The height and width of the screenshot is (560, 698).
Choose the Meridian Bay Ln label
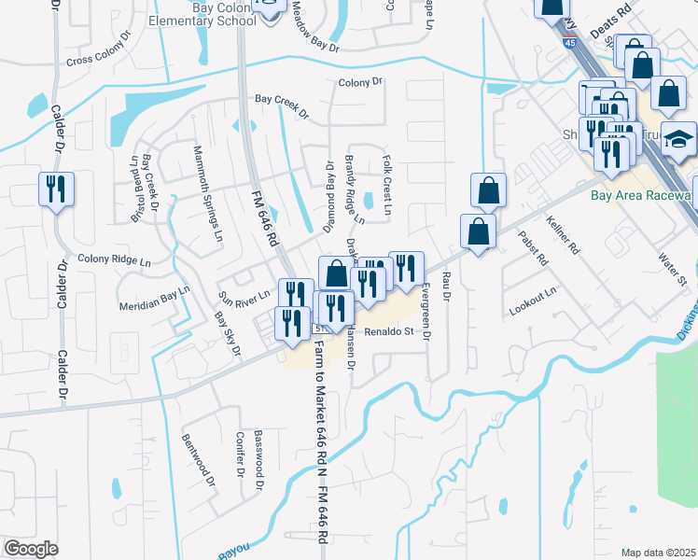tap(155, 298)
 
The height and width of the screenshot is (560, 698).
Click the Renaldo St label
tap(388, 331)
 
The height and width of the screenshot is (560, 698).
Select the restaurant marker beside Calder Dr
tap(55, 189)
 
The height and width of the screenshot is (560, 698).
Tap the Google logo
tap(31, 549)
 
